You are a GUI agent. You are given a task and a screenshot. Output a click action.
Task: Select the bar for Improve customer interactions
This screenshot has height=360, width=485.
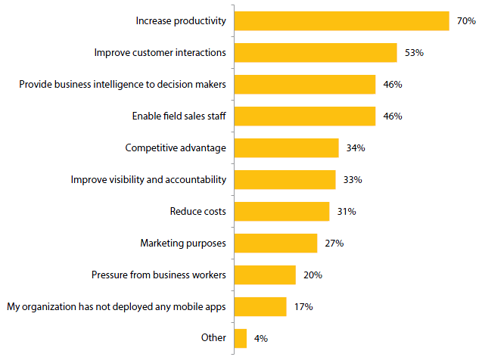(x=316, y=52)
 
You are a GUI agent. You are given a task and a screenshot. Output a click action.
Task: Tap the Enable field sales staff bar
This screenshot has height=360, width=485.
(x=305, y=116)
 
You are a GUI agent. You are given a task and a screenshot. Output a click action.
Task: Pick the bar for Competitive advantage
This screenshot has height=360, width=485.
(x=287, y=147)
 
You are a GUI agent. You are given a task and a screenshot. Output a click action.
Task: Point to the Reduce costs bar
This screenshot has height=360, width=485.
(x=282, y=211)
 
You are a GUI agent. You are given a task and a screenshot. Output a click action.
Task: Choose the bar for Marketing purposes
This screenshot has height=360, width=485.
(x=276, y=243)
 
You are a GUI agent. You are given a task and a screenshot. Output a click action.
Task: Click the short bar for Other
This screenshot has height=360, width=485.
(x=241, y=338)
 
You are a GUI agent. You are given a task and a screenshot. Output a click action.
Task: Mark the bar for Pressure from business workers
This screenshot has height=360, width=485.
(x=265, y=275)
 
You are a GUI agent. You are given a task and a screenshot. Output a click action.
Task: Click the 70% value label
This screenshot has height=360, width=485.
(x=466, y=21)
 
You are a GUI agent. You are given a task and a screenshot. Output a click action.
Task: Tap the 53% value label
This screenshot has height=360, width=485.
(x=414, y=53)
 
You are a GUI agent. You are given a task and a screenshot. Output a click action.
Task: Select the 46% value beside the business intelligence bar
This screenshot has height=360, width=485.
(x=392, y=85)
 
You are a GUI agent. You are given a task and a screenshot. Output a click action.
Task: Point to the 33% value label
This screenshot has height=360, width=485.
(x=353, y=180)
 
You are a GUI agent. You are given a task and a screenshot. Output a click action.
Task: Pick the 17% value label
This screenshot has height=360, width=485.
(x=304, y=307)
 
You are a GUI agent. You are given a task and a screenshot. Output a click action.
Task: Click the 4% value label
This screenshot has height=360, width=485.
(x=260, y=339)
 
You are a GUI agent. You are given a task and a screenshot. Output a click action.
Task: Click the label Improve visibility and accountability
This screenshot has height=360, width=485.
(x=148, y=179)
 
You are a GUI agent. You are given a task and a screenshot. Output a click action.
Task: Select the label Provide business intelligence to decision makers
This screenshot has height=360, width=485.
(x=123, y=84)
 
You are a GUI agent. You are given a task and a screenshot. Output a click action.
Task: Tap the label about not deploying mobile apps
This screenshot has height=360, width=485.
(x=117, y=306)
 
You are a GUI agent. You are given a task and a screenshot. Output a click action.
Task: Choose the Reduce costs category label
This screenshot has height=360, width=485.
(x=197, y=211)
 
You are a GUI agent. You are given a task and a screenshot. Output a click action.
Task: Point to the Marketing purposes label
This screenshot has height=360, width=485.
(x=183, y=243)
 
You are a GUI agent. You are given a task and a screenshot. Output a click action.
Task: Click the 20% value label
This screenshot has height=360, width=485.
(x=313, y=275)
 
